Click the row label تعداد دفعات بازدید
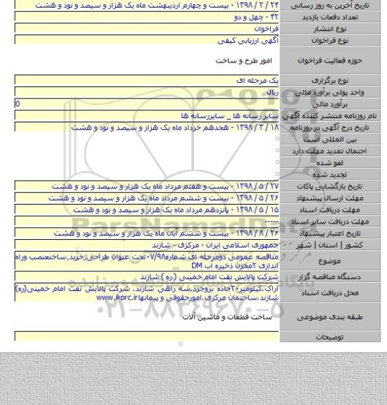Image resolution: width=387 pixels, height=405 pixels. point(345,16)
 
